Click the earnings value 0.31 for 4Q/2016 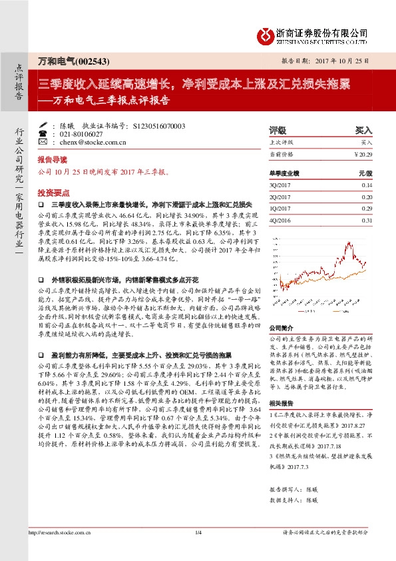pyautogui.click(x=367, y=220)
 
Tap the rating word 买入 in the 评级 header pyautogui.click(x=363, y=131)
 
